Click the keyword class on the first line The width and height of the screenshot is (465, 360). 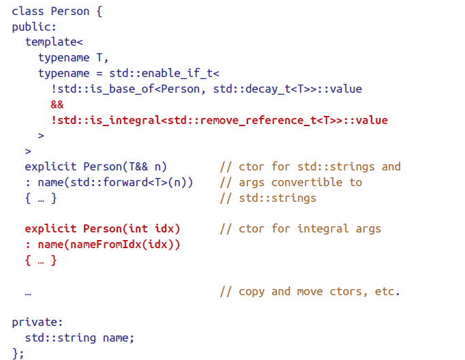28,11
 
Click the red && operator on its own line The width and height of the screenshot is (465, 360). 57,104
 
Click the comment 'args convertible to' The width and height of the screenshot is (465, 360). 300,183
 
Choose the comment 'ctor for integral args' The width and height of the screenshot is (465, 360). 310,228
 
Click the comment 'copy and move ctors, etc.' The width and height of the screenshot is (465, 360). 319,291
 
